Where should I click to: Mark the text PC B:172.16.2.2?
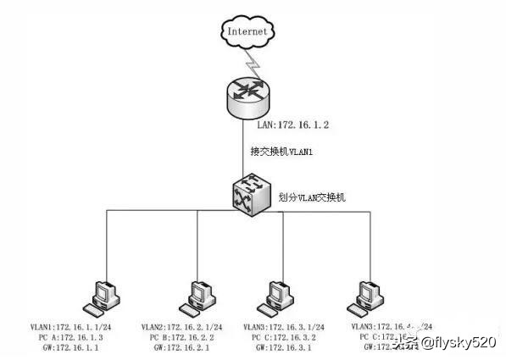[181, 336]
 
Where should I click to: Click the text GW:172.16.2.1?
[182, 346]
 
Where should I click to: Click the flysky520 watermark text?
[463, 342]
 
